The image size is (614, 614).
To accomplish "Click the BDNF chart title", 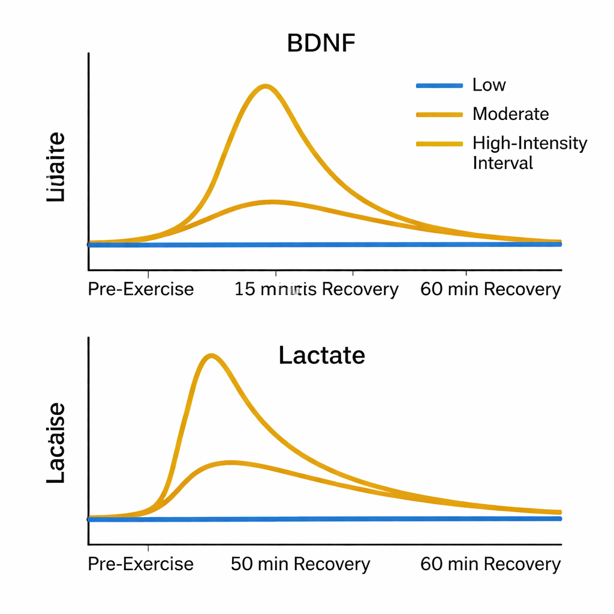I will tap(321, 44).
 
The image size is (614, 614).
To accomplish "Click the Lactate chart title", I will tap(321, 356).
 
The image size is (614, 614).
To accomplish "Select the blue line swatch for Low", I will tap(439, 85).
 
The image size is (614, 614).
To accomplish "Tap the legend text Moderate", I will tap(510, 113).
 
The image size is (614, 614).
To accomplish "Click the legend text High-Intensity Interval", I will tap(529, 152).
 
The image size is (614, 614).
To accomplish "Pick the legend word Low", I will tap(489, 85).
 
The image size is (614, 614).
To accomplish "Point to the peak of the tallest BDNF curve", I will tap(265, 86).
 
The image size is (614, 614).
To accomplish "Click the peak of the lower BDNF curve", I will tap(273, 202).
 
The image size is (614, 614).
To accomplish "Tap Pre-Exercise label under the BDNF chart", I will tap(141, 289).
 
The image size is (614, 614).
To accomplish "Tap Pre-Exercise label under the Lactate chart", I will tap(141, 564).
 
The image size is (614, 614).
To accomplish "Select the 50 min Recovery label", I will tap(300, 564).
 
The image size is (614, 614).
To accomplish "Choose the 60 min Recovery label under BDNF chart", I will tap(490, 289).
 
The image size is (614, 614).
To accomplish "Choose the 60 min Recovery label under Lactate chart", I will tap(490, 564).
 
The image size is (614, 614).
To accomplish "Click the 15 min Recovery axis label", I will tap(316, 289).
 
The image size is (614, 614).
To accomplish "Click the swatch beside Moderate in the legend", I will tap(439, 114).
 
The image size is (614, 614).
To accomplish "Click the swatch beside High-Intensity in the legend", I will tap(439, 144).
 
